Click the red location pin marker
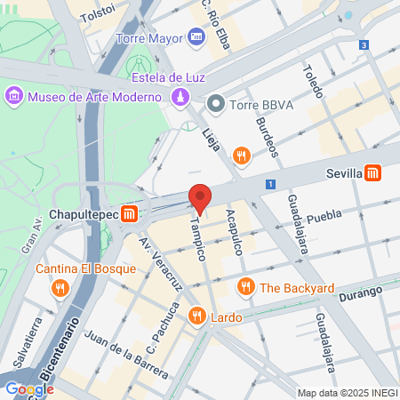click(x=200, y=198)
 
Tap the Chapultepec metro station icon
click(x=130, y=214)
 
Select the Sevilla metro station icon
click(x=373, y=173)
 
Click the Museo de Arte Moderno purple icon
click(x=14, y=95)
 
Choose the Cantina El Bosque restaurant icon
click(x=60, y=287)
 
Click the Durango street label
click(x=361, y=292)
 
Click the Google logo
click(x=29, y=389)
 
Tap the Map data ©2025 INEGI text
click(x=347, y=393)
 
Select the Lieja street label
click(x=212, y=139)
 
